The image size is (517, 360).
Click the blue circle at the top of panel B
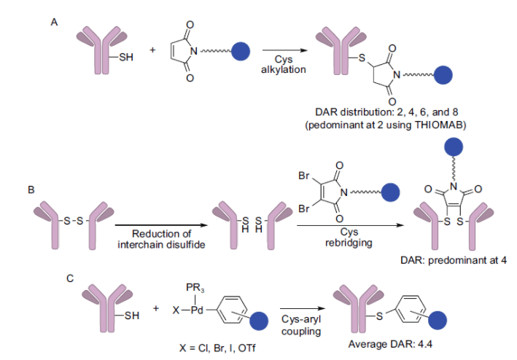tap(451, 147)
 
